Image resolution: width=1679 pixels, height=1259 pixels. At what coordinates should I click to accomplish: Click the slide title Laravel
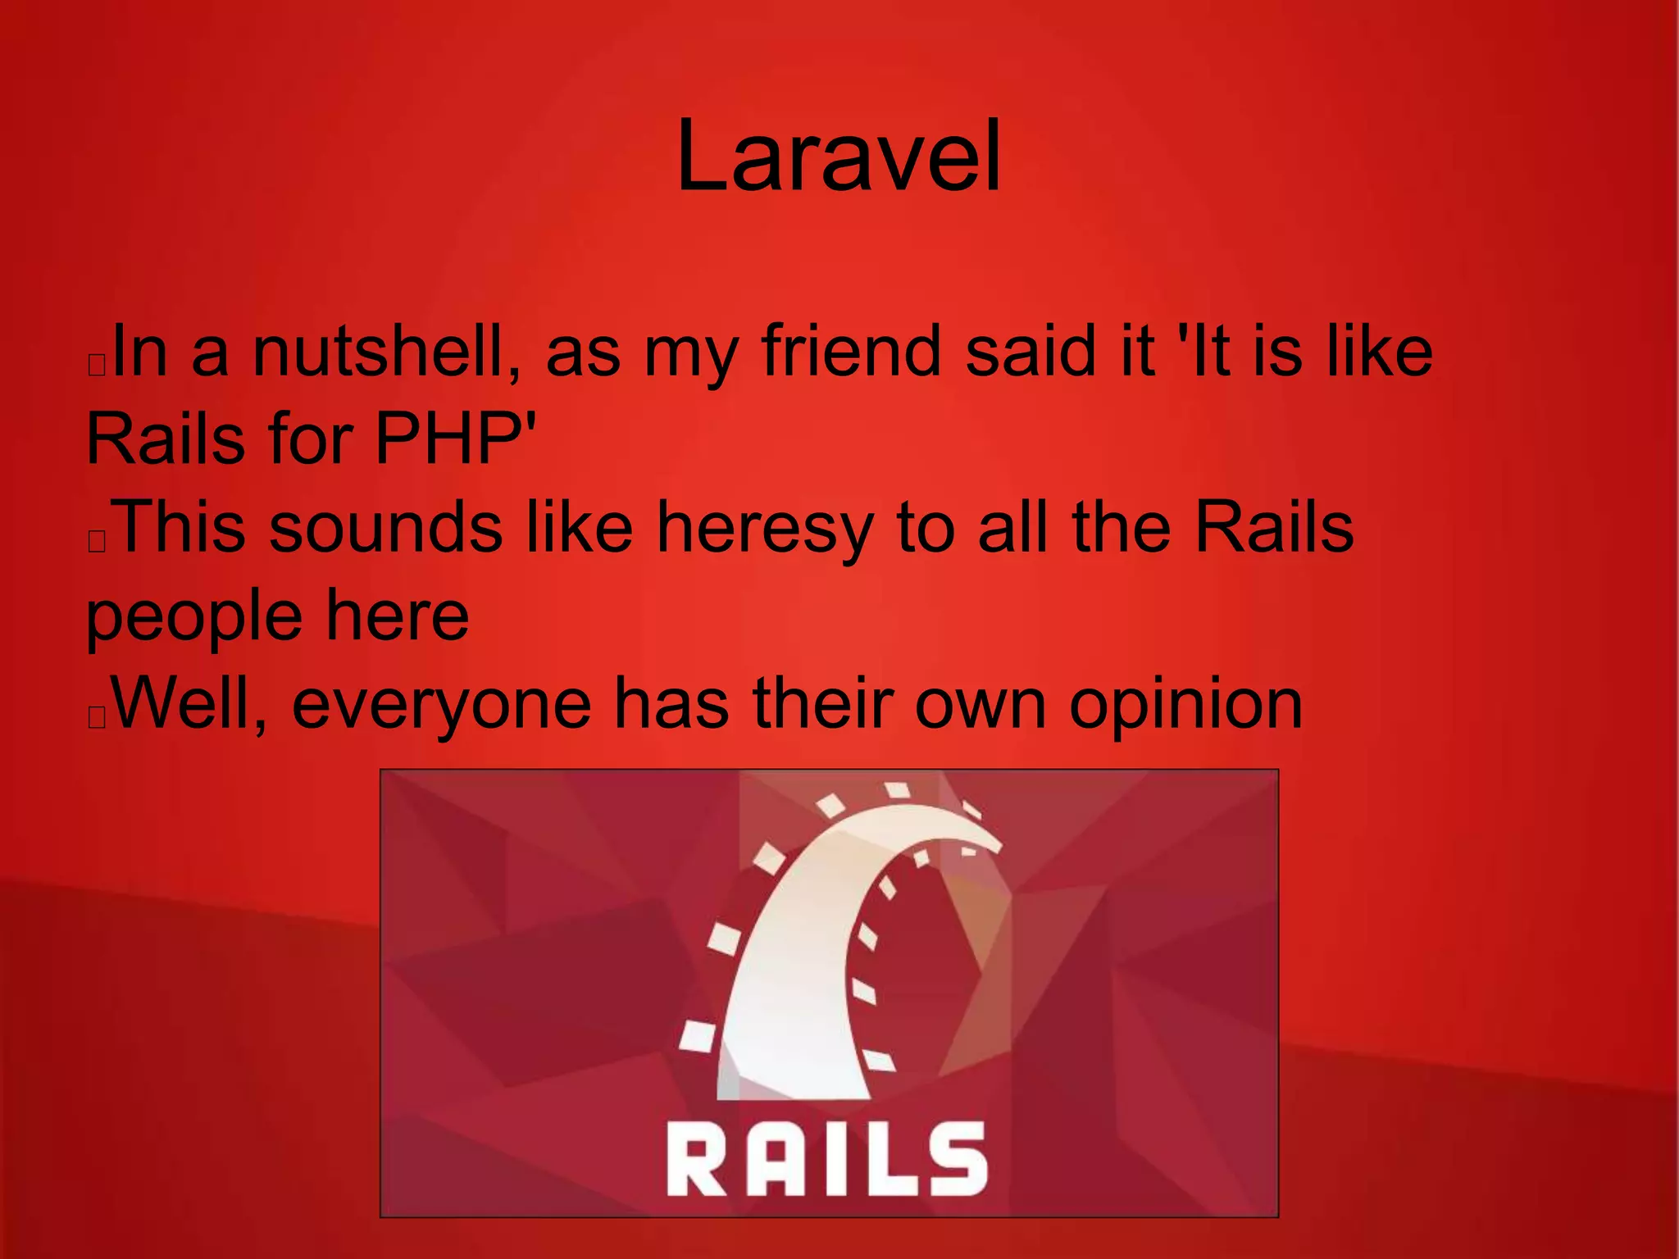(839, 156)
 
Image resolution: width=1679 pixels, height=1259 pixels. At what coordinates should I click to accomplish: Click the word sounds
(385, 528)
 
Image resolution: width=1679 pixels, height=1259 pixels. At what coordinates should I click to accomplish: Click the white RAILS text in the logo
(827, 1158)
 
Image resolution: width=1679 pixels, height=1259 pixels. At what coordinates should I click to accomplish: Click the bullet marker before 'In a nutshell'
(97, 366)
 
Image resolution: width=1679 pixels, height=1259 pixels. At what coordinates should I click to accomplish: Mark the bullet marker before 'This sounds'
(97, 542)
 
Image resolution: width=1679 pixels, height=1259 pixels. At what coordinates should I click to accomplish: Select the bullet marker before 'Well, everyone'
(97, 718)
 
